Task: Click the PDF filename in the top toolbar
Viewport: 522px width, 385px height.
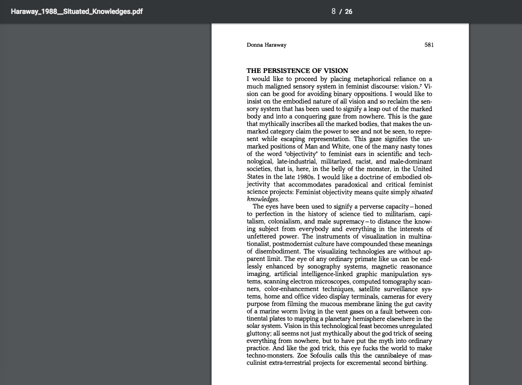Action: coord(76,11)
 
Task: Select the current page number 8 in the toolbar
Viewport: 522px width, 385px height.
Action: coord(334,11)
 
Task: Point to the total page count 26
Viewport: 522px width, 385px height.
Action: coord(349,11)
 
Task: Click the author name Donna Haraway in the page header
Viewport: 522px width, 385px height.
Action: coord(266,45)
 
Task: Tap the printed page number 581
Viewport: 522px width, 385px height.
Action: coord(429,45)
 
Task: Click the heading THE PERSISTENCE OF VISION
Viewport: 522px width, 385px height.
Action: coord(297,70)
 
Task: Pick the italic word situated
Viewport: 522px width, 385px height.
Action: coord(422,192)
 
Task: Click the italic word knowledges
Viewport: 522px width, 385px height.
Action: coord(263,199)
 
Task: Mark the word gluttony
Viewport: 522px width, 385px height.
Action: coord(259,333)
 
